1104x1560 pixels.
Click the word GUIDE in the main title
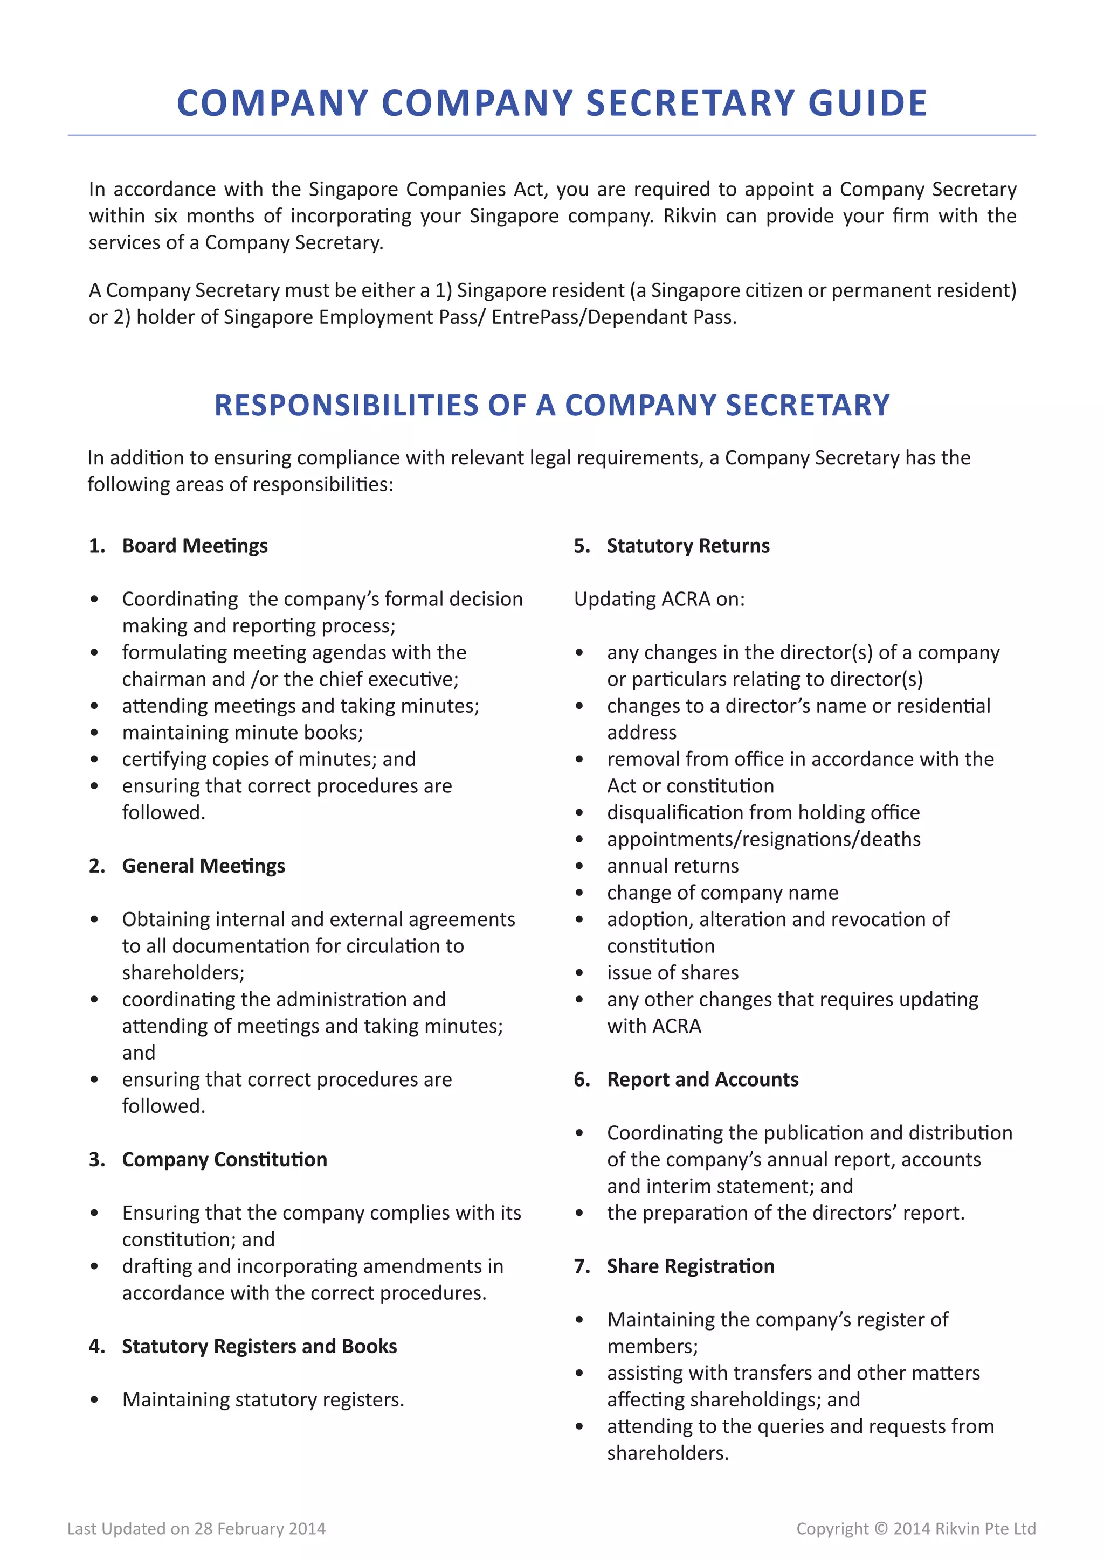[x=867, y=103]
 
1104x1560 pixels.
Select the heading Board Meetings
[x=195, y=546]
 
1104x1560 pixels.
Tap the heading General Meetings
[x=203, y=866]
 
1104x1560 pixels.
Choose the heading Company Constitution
[x=224, y=1159]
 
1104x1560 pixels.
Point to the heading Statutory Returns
[x=688, y=546]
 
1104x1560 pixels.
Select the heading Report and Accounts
[x=702, y=1079]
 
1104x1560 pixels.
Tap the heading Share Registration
[x=691, y=1266]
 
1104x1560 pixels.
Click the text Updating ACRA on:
[x=659, y=599]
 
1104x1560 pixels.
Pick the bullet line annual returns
[x=672, y=866]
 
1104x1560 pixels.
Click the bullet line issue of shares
[x=672, y=972]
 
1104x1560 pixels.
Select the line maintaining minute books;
[x=242, y=733]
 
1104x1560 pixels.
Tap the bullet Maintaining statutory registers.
[x=263, y=1399]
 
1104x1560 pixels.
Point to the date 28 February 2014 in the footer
[x=260, y=1529]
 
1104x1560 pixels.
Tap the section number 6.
[x=581, y=1079]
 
